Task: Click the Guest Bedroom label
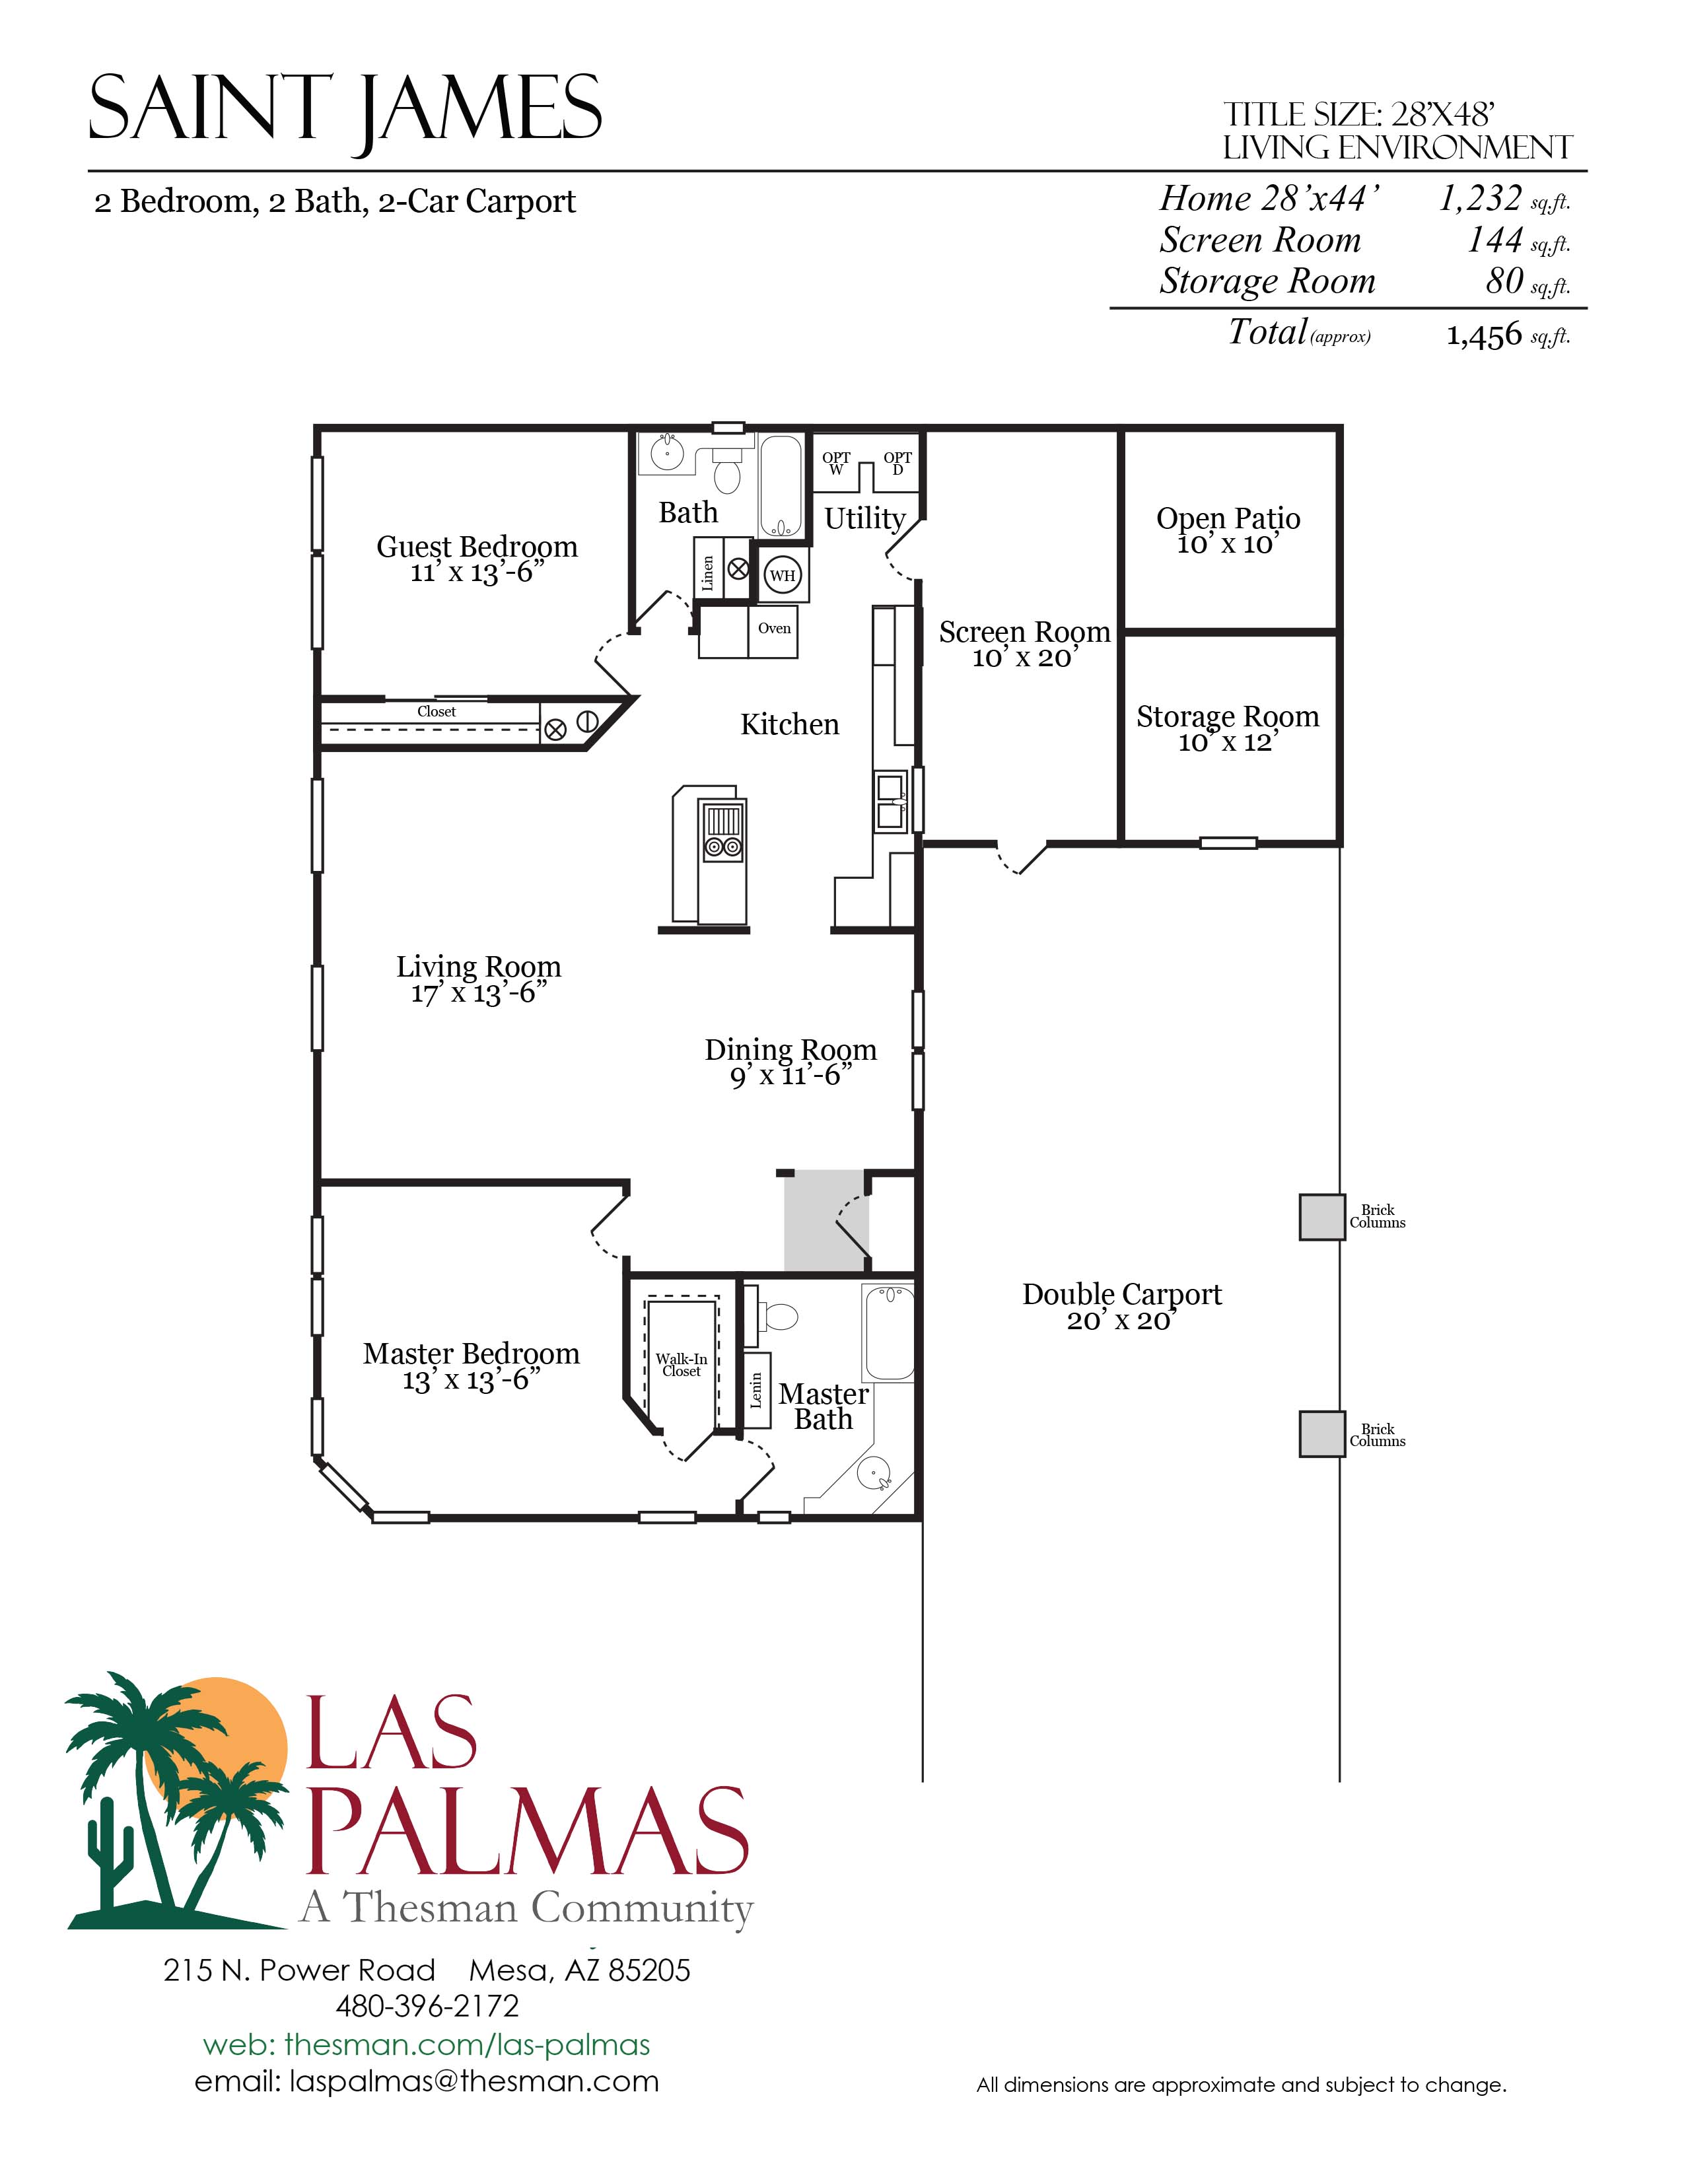click(x=477, y=547)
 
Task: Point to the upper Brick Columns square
click(x=1322, y=1217)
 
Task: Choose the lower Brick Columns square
click(x=1322, y=1434)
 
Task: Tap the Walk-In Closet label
click(x=682, y=1365)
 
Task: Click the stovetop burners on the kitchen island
click(x=723, y=848)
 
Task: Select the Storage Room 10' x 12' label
click(x=1227, y=728)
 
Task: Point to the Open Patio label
click(x=1228, y=519)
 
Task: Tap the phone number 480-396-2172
click(x=427, y=2005)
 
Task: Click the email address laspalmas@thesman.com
click(x=427, y=2081)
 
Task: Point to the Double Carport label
click(x=1121, y=1294)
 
